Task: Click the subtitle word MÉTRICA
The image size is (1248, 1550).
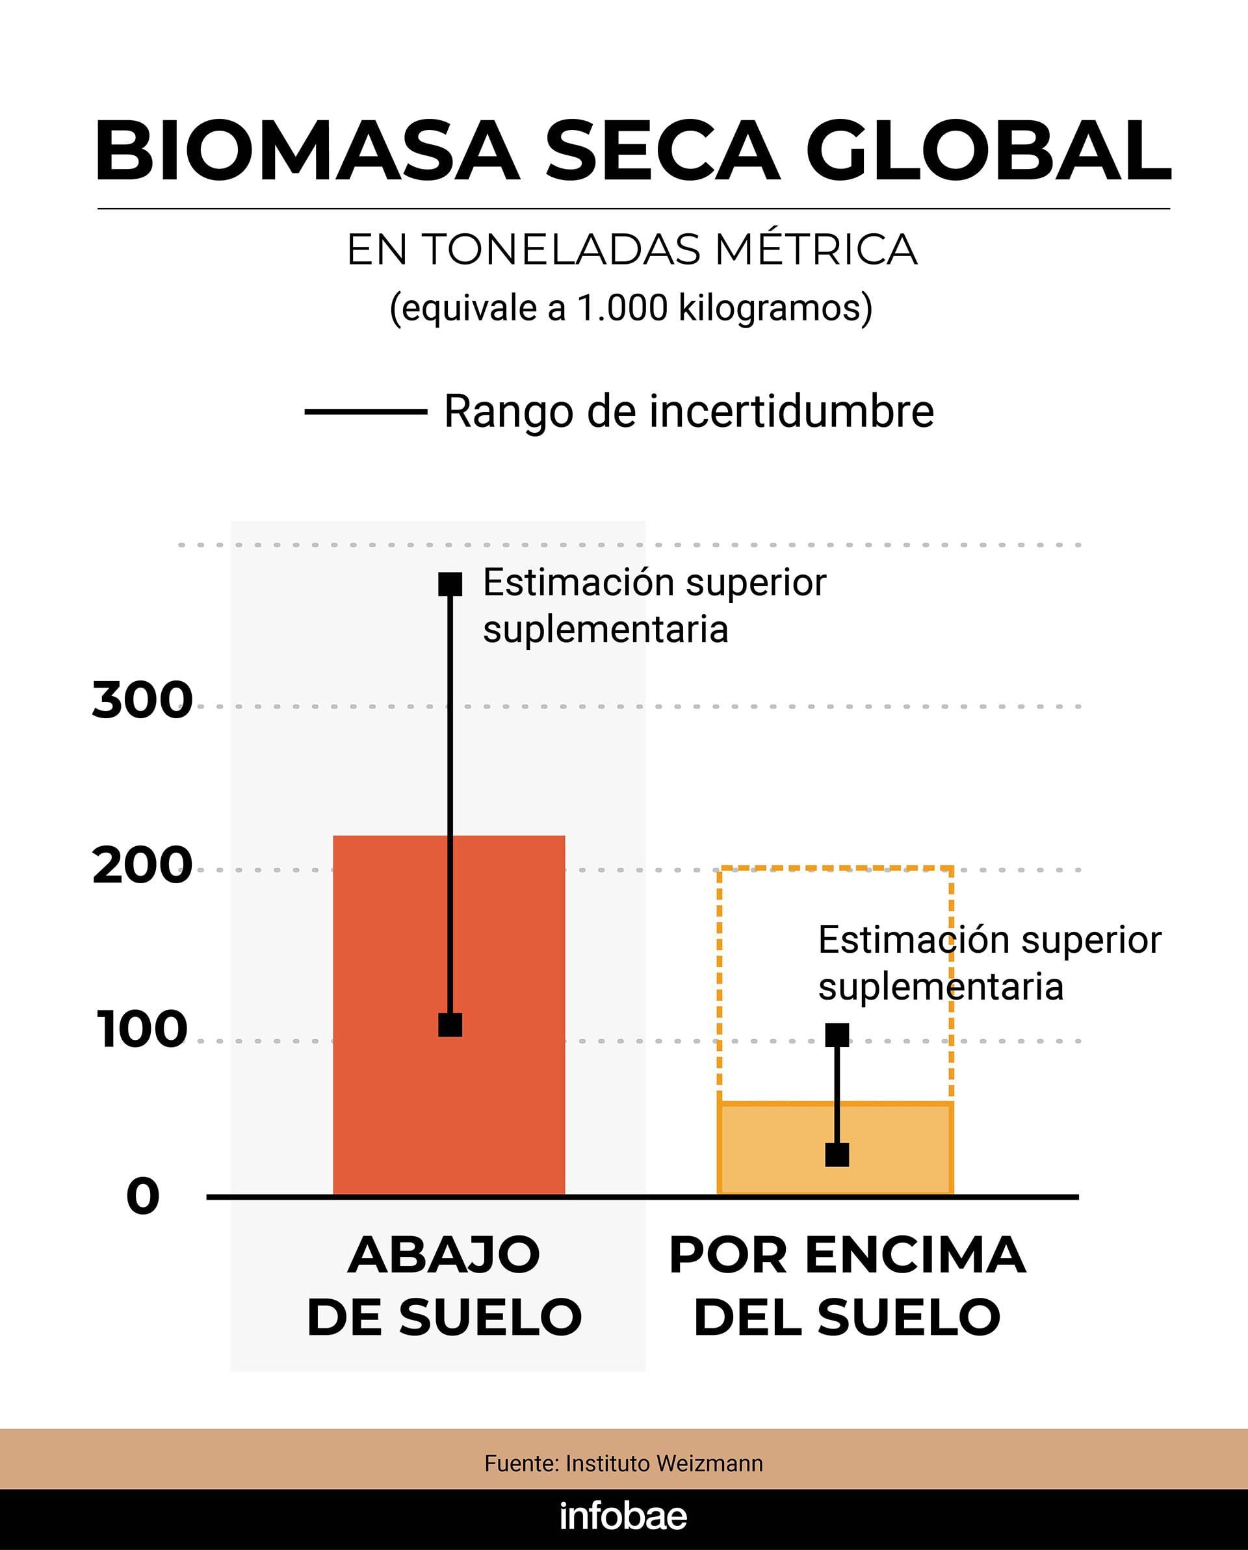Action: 816,250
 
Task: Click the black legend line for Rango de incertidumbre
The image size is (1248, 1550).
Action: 366,412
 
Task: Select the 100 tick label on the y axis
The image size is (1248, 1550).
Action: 142,1029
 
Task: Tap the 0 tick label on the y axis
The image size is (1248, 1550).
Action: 142,1197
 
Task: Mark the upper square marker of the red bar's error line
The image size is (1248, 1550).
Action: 450,584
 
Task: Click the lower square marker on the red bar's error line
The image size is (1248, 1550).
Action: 450,1025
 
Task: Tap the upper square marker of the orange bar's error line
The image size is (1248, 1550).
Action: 837,1035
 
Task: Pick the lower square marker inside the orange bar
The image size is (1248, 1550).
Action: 837,1155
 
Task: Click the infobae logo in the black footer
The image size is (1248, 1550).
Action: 623,1517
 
